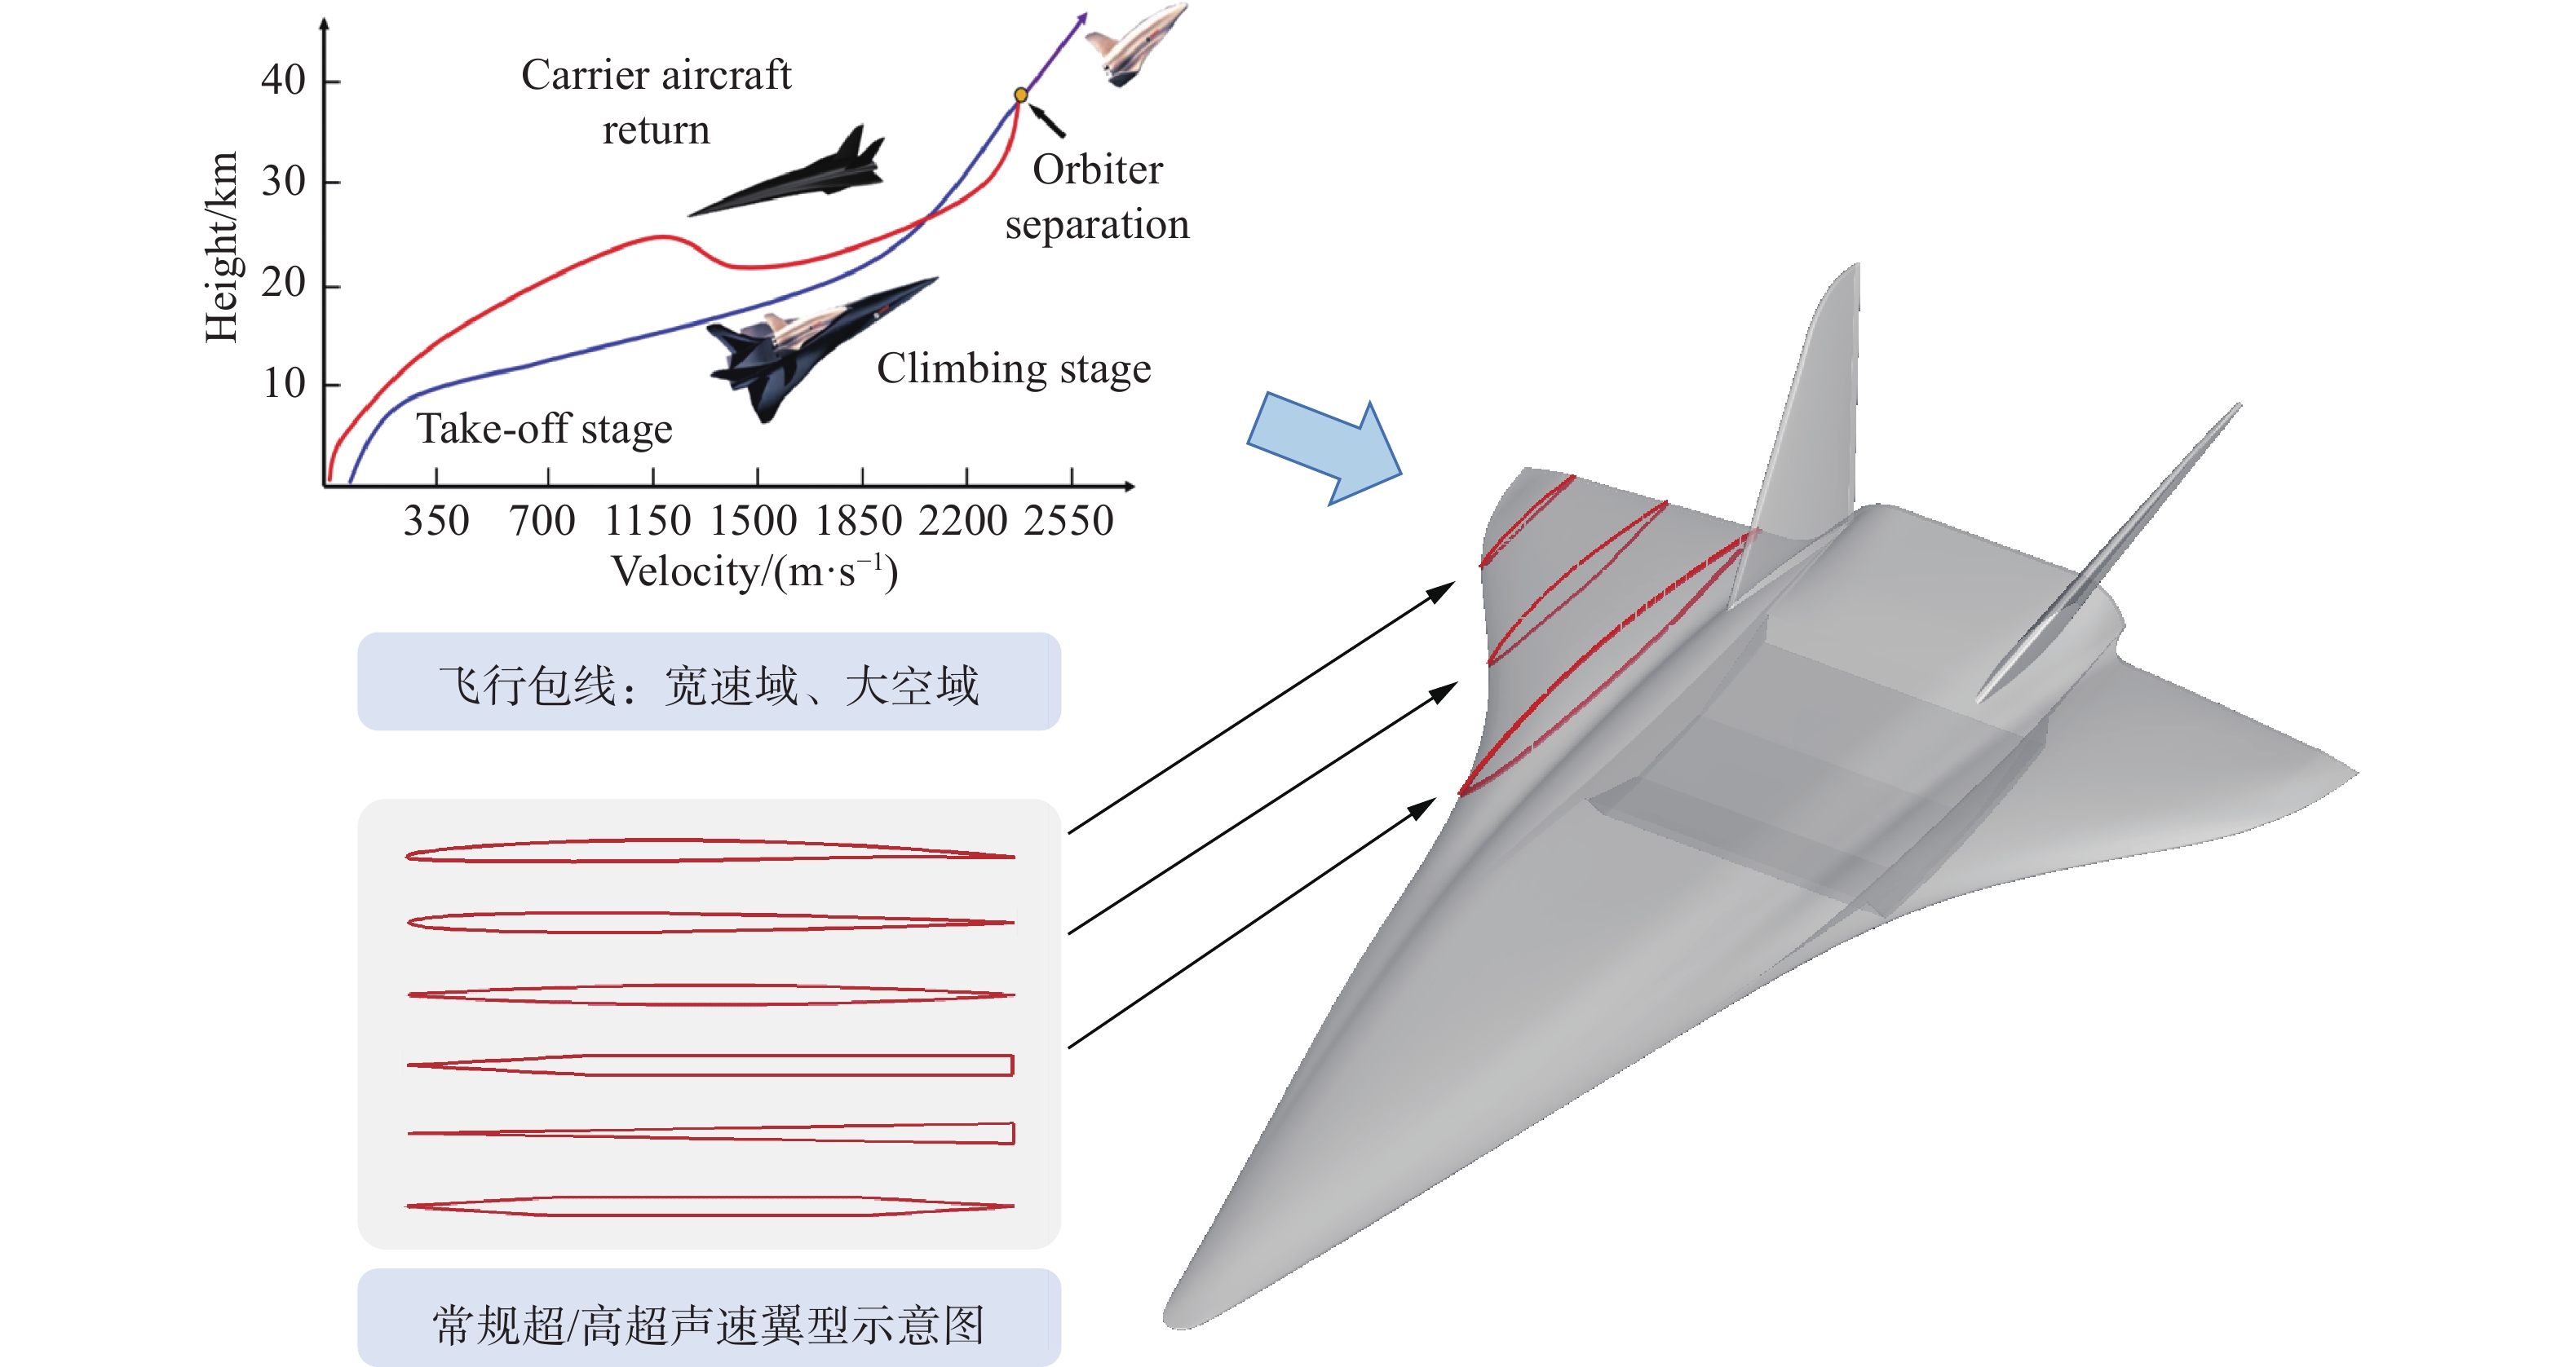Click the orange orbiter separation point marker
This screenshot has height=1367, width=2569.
point(1020,95)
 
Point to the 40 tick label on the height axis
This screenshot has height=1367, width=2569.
point(283,80)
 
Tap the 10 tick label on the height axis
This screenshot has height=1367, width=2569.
point(283,383)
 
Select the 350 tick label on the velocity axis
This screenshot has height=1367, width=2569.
point(436,521)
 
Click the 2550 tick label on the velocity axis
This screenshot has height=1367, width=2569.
point(1068,521)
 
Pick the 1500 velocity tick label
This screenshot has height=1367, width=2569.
point(753,521)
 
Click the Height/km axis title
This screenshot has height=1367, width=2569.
point(221,247)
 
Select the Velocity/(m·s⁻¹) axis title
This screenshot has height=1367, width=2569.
point(755,572)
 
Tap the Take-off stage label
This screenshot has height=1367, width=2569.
point(545,429)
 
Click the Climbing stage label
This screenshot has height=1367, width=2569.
point(1013,369)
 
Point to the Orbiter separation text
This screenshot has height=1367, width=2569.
point(1097,197)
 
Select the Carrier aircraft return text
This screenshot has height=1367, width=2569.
point(657,102)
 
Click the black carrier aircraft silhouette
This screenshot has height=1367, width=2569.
point(798,179)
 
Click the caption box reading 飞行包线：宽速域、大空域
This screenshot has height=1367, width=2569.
point(709,682)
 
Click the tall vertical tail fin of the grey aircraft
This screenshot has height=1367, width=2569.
point(1810,419)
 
